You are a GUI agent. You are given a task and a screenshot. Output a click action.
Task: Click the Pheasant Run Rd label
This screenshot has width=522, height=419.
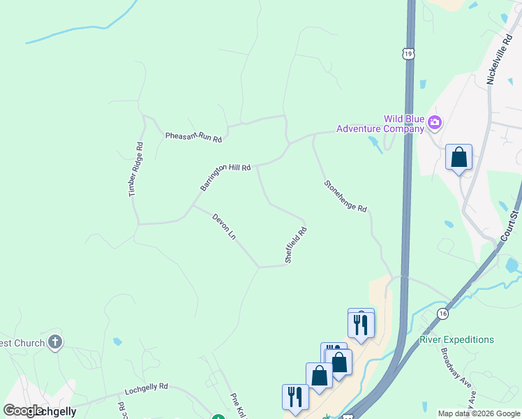pyautogui.click(x=193, y=136)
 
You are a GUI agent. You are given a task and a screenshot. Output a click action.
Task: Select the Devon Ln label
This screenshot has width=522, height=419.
pyautogui.click(x=224, y=227)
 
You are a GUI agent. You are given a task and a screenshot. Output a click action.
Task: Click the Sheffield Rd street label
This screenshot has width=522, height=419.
pyautogui.click(x=296, y=245)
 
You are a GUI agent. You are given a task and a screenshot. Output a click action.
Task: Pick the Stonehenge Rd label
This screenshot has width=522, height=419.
pyautogui.click(x=345, y=196)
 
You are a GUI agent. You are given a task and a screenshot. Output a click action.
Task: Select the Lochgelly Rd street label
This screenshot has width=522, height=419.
pyautogui.click(x=147, y=386)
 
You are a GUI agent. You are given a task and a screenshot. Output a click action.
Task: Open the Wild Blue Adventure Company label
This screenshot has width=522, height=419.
pyautogui.click(x=380, y=124)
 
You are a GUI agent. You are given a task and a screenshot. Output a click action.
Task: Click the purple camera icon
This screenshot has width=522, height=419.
pyautogui.click(x=435, y=124)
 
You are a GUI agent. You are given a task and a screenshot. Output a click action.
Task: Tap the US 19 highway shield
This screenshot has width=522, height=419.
pyautogui.click(x=408, y=53)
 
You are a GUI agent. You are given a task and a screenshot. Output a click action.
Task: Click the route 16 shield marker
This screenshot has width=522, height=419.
pyautogui.click(x=443, y=314)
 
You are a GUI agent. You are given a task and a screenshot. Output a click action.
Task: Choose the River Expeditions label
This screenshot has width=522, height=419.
pyautogui.click(x=456, y=340)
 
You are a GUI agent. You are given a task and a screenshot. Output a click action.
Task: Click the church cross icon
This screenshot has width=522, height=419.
pyautogui.click(x=55, y=342)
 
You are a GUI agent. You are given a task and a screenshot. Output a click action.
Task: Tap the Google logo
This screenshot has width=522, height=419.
pyautogui.click(x=22, y=411)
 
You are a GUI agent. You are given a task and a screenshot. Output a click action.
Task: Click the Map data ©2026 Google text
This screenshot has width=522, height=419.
pyautogui.click(x=479, y=413)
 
